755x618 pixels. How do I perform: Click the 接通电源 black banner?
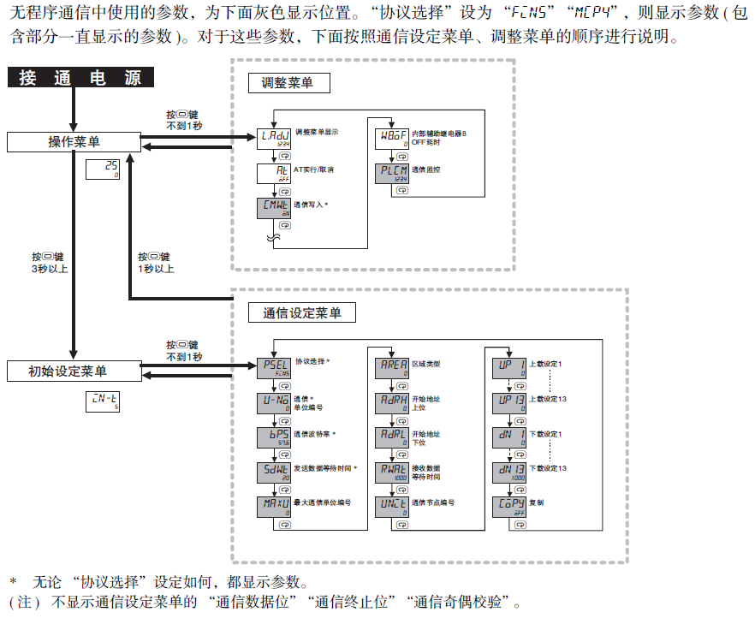(x=81, y=78)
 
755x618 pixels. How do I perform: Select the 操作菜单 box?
(x=72, y=142)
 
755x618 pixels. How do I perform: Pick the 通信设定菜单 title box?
(x=301, y=313)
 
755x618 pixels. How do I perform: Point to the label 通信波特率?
(x=315, y=434)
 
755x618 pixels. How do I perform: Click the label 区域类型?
(x=427, y=364)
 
